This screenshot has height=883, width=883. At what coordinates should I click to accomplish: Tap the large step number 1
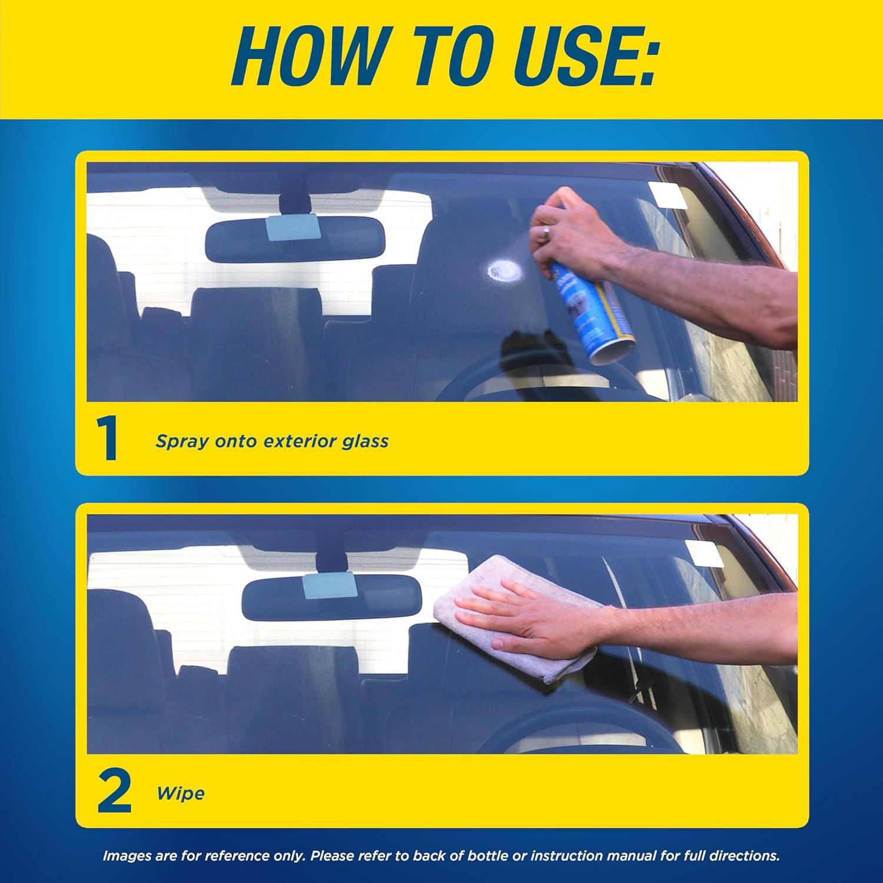108,440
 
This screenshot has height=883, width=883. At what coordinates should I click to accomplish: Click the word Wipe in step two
181,793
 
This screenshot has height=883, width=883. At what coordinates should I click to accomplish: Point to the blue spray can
595,315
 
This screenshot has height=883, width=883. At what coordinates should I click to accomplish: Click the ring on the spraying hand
546,233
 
